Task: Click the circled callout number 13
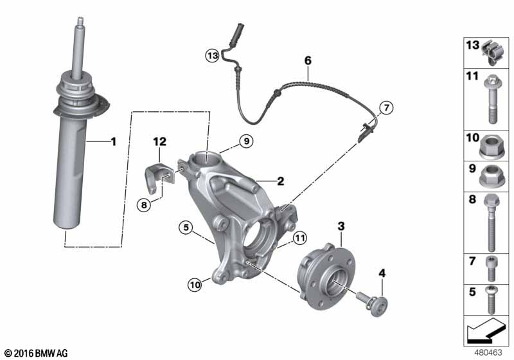tap(213, 55)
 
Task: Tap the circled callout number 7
tap(387, 107)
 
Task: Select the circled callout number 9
tap(246, 141)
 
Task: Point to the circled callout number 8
tap(144, 205)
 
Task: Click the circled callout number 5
tap(186, 227)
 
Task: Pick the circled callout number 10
tap(195, 285)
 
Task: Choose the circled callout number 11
tap(299, 238)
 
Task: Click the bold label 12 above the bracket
tap(159, 141)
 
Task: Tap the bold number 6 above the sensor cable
tap(308, 60)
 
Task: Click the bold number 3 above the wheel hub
tap(341, 226)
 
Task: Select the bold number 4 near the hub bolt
tap(382, 273)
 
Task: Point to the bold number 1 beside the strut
tap(114, 142)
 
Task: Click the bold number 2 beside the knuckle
tap(281, 181)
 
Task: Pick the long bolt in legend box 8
tap(492, 222)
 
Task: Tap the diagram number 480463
tap(488, 353)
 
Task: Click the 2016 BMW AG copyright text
tap(37, 353)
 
